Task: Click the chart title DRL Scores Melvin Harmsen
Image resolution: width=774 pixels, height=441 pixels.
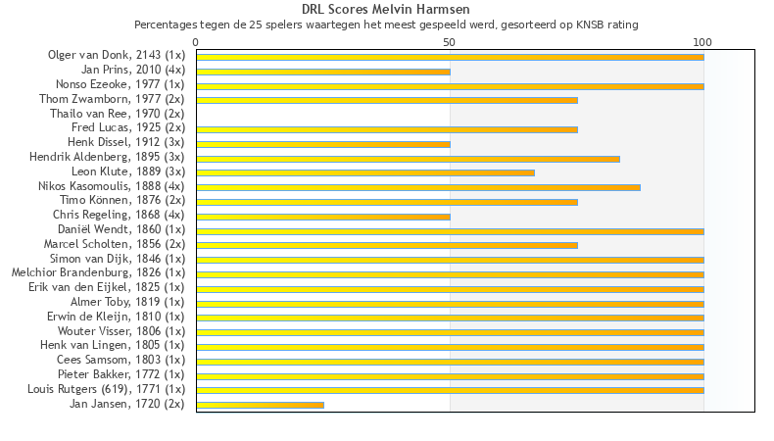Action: (386, 9)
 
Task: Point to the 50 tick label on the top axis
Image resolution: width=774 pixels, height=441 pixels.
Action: (450, 42)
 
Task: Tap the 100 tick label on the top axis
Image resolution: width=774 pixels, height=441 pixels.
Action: (702, 42)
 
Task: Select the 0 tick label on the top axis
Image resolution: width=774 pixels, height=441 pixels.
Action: (196, 42)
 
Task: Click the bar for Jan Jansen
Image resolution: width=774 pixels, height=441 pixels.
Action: (260, 404)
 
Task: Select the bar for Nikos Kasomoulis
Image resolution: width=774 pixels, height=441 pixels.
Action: (418, 186)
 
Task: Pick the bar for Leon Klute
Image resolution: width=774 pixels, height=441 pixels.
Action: (365, 172)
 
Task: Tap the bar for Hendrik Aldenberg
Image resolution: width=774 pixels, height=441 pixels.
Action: (408, 158)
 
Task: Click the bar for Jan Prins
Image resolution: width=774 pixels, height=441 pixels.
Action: (323, 72)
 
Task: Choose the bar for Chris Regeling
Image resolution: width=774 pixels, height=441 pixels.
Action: (323, 216)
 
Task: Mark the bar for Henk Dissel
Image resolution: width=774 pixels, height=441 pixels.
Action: (323, 144)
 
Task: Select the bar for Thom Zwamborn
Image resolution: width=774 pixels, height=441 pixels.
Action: (387, 100)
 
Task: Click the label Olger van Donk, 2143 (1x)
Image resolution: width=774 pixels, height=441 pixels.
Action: (116, 55)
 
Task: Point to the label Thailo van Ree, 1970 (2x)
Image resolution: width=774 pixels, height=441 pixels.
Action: (117, 114)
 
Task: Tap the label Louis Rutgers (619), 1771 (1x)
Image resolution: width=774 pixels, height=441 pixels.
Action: (106, 389)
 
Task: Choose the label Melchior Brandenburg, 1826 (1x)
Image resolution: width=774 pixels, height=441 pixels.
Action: (98, 272)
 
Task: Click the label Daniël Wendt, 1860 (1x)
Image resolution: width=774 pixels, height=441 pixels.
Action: (121, 229)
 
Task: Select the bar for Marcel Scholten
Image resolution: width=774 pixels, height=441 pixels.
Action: (387, 245)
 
